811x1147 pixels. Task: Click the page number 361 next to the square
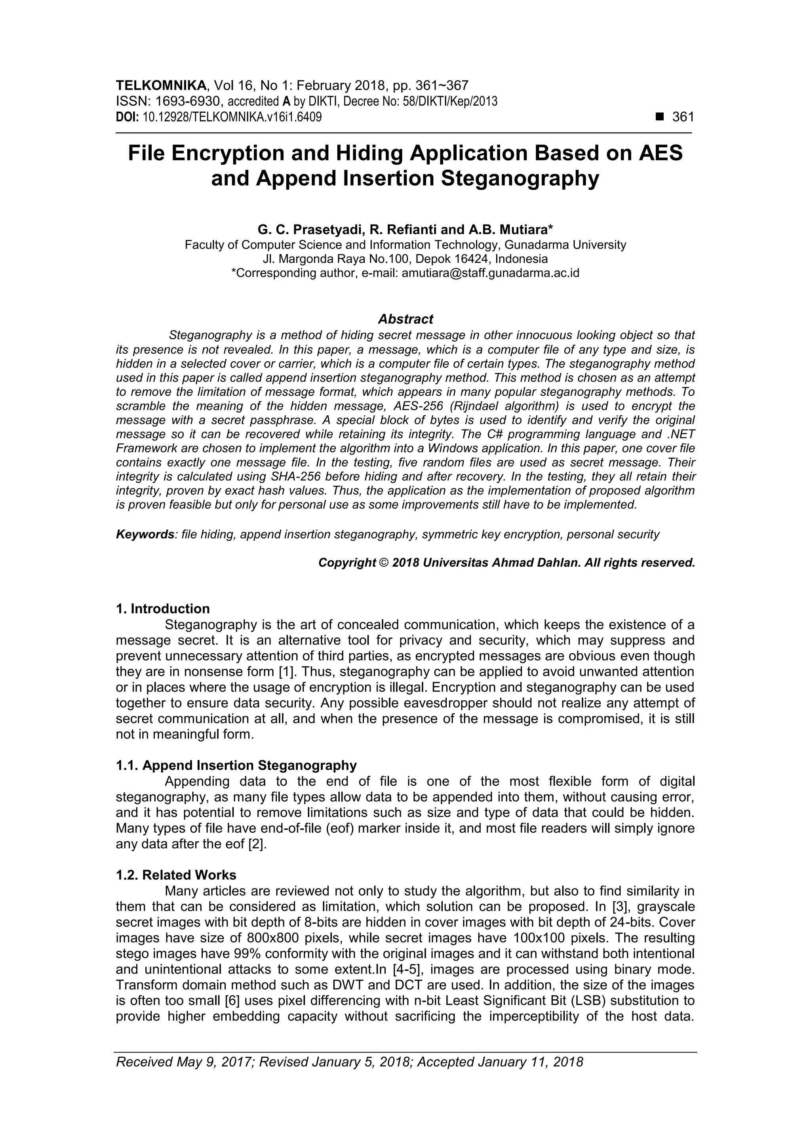click(x=683, y=117)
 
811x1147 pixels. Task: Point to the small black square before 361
click(x=660, y=117)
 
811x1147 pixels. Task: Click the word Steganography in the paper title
click(x=520, y=178)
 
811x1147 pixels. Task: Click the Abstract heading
click(x=405, y=319)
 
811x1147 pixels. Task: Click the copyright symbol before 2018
click(x=383, y=563)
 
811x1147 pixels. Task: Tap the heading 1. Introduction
click(x=163, y=609)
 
